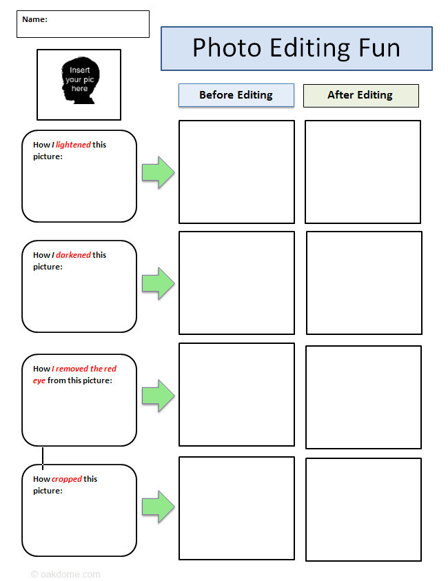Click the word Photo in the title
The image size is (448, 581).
point(227,48)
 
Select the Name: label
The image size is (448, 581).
point(35,19)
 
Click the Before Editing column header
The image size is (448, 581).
point(236,95)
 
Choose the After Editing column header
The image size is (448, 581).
point(360,95)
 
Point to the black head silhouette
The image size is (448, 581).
point(80,81)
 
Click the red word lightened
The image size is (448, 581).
point(73,145)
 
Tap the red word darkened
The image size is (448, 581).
point(73,255)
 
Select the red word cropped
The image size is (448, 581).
point(67,479)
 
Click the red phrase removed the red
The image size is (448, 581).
point(86,369)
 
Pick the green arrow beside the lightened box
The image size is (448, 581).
point(159,172)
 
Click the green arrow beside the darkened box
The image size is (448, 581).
point(159,283)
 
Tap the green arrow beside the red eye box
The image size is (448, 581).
point(159,396)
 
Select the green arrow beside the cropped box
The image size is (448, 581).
point(159,507)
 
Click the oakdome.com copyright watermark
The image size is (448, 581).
point(65,574)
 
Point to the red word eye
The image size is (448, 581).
point(39,381)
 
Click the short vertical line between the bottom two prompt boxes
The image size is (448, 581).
point(43,458)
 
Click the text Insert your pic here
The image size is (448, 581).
point(80,79)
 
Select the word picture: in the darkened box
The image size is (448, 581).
point(48,267)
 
